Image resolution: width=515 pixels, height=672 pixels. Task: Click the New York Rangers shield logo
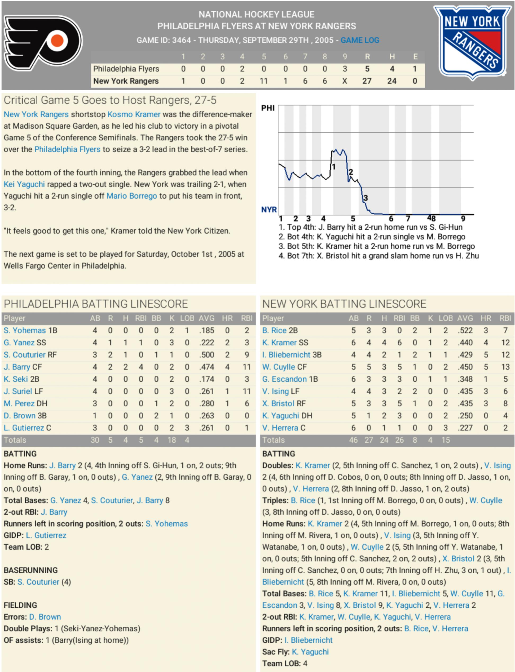(472, 43)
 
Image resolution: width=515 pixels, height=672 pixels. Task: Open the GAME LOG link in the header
(360, 40)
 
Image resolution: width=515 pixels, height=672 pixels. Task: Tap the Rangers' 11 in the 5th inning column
(264, 81)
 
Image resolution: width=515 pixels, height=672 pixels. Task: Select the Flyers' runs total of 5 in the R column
(367, 69)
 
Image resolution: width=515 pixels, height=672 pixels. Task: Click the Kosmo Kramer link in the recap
(134, 114)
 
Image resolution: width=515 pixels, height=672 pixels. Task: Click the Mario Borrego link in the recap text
(131, 196)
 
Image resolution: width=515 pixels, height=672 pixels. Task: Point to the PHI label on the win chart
(268, 108)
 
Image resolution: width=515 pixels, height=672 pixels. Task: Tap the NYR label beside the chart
(269, 210)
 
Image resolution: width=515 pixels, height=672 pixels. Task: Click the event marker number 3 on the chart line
(366, 198)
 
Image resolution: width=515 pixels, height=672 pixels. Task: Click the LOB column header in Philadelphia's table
(187, 319)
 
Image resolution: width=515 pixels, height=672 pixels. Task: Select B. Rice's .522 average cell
(465, 331)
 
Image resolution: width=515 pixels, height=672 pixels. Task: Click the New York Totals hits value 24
(384, 440)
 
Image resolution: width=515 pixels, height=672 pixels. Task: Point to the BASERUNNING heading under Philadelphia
(31, 570)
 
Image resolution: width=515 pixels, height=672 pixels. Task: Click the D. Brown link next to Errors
(45, 617)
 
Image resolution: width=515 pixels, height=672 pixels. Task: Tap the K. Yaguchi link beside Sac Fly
(310, 652)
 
